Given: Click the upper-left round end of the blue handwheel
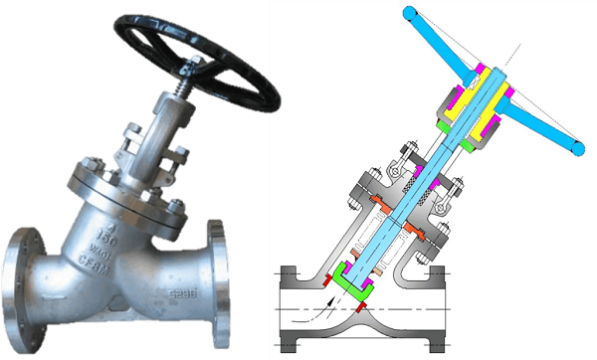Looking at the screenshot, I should tap(411, 13).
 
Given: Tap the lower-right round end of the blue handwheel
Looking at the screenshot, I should tap(576, 148).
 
